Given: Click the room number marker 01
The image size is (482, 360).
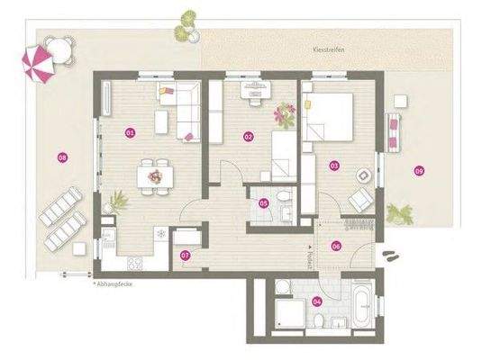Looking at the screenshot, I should [x=130, y=133].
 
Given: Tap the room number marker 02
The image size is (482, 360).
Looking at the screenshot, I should [x=248, y=136].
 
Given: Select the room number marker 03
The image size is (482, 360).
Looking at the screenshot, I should [x=333, y=166].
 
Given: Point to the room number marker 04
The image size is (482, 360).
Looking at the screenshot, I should [x=316, y=301].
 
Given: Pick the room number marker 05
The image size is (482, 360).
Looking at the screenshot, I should [x=263, y=203].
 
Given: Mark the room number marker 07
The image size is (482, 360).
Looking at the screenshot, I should [x=185, y=255].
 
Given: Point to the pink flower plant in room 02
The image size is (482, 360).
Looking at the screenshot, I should [x=287, y=114].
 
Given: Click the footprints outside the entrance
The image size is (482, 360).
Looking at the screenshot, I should [x=391, y=256].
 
